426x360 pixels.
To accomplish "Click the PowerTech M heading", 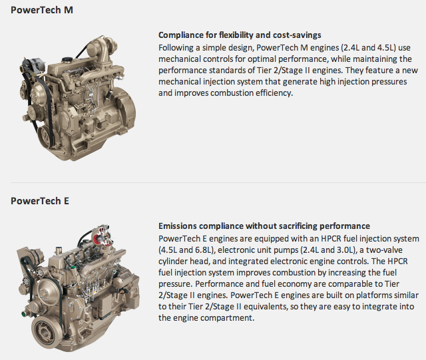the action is tap(42, 10).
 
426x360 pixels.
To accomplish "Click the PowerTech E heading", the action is tap(40, 201).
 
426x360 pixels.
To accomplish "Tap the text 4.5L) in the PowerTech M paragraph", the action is tap(386, 48).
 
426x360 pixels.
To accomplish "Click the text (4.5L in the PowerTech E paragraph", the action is tap(167, 250).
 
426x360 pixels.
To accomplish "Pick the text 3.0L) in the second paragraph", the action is tap(347, 250).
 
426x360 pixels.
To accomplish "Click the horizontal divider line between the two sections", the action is tap(218, 182).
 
